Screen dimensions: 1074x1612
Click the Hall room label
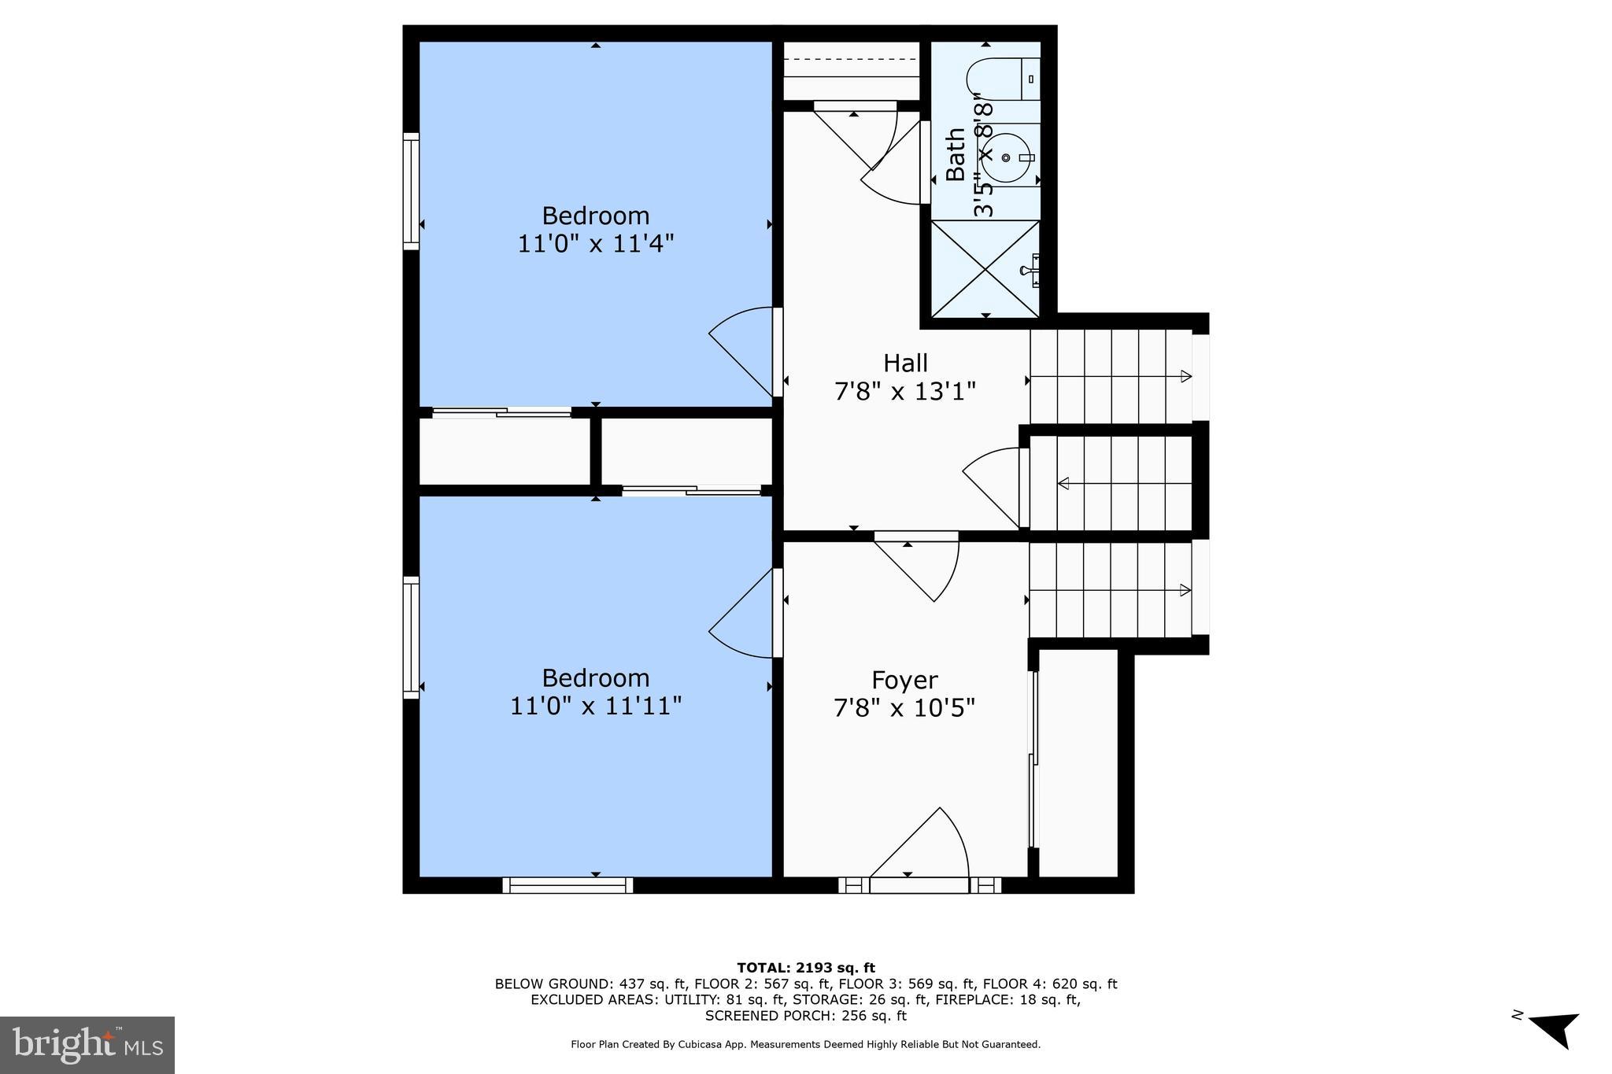tap(905, 363)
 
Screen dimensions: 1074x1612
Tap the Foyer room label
tap(904, 680)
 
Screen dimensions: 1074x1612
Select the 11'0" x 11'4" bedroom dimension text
tap(596, 243)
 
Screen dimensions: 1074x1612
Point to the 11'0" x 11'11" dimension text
tap(596, 706)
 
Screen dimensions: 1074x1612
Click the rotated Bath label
tap(955, 155)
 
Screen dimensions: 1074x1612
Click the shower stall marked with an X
tap(985, 269)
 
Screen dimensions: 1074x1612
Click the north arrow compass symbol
tap(1554, 1028)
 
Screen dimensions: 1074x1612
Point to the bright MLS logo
tap(87, 1045)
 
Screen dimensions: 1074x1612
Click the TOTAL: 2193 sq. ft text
tap(805, 968)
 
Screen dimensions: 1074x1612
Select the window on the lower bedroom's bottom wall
tap(568, 885)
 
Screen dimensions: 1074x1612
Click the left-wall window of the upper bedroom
tap(411, 191)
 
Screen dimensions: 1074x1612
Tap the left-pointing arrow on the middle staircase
tap(1064, 483)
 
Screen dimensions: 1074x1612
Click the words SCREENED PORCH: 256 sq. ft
tap(805, 1016)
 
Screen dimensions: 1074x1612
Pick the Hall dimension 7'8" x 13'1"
tap(905, 391)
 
